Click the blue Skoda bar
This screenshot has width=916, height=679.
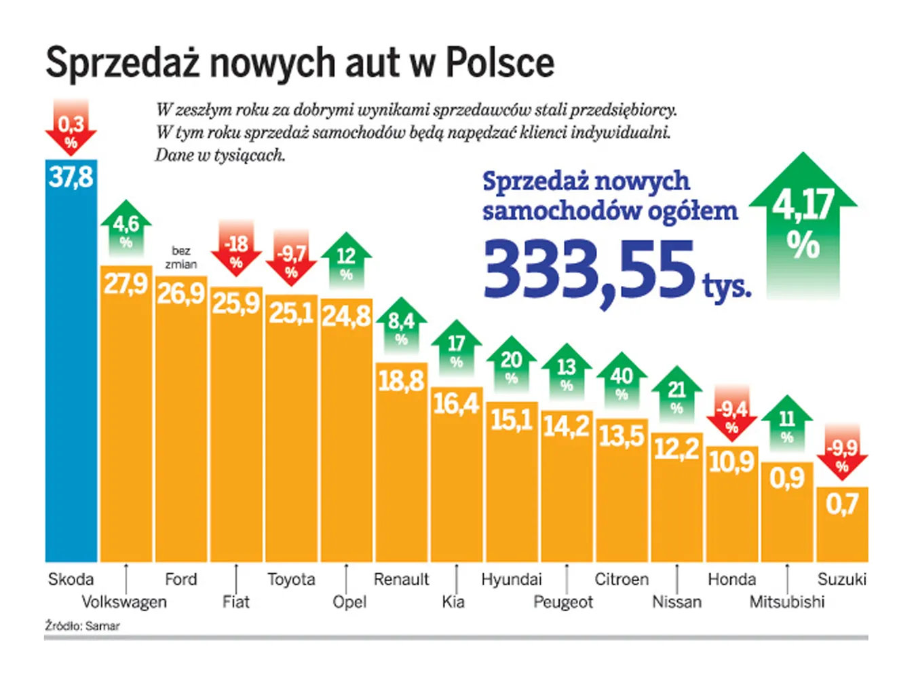[71, 367]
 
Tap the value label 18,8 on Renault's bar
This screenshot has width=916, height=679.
[402, 381]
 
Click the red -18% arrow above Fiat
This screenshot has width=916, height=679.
[236, 249]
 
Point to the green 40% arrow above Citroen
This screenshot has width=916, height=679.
[622, 380]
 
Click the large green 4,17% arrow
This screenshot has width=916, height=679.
[803, 224]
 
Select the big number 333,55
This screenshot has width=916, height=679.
[589, 270]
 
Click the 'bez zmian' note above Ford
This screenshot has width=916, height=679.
[181, 257]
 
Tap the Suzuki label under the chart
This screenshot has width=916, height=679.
[841, 579]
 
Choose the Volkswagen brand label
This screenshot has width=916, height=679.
[124, 602]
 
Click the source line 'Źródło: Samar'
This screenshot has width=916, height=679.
[82, 626]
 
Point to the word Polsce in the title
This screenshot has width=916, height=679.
[499, 62]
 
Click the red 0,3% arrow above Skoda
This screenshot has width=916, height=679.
[71, 129]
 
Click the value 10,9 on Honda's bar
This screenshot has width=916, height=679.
[731, 462]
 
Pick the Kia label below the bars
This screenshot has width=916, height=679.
[453, 602]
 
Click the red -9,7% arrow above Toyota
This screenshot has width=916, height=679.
[291, 259]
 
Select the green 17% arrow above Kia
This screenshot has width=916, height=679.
[457, 348]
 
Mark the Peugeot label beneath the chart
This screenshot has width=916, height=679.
[563, 602]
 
